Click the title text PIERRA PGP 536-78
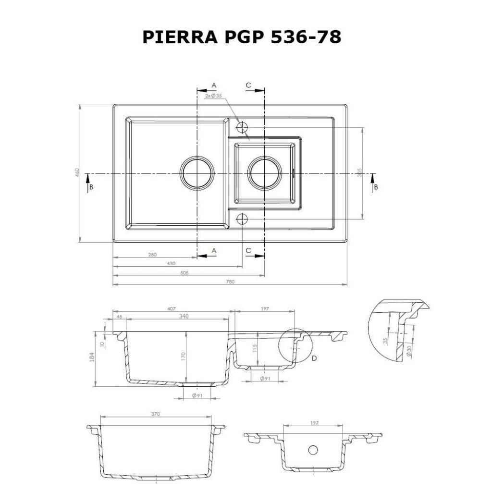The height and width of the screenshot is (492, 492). [x=242, y=37]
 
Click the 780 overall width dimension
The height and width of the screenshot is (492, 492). [x=230, y=282]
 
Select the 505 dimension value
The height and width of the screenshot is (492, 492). [x=185, y=272]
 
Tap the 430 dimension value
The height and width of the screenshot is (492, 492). [x=171, y=263]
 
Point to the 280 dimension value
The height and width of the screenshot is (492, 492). [x=152, y=255]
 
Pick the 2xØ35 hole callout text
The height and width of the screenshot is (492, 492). [x=213, y=96]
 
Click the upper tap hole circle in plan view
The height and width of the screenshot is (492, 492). [x=242, y=128]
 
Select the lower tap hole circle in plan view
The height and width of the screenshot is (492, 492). [x=242, y=219]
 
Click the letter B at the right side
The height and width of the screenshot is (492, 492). [x=376, y=187]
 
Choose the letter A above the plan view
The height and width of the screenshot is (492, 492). [x=214, y=85]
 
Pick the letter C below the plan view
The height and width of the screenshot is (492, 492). [x=248, y=250]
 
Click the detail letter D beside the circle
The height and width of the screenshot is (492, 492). [x=314, y=358]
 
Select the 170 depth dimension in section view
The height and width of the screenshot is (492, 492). [x=183, y=357]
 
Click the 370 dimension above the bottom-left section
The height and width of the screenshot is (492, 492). [x=155, y=414]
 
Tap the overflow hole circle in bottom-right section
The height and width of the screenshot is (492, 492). [x=313, y=450]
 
